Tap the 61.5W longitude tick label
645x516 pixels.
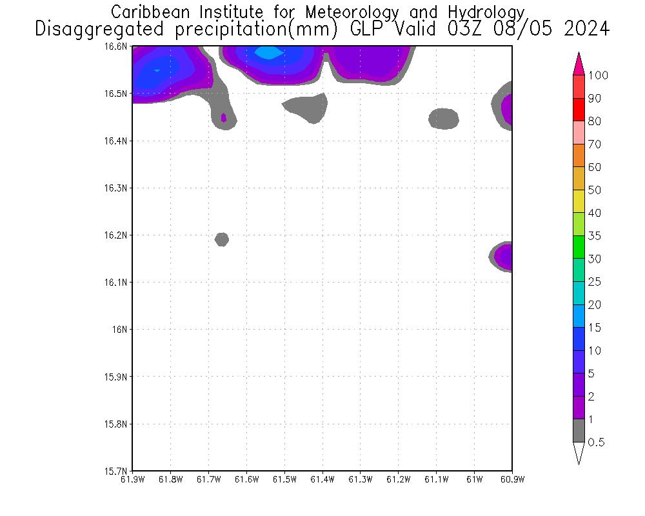click(x=284, y=479)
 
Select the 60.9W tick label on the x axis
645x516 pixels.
click(x=512, y=479)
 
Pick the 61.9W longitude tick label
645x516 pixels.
click(x=133, y=479)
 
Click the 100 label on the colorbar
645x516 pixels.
click(x=598, y=75)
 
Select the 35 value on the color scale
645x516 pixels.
click(x=595, y=236)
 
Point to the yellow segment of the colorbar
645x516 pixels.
click(x=579, y=202)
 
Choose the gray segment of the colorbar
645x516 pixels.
click(x=579, y=431)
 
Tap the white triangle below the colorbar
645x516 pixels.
click(x=579, y=453)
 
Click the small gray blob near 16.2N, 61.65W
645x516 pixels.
click(x=222, y=239)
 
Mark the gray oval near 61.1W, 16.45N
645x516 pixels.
click(x=444, y=119)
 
